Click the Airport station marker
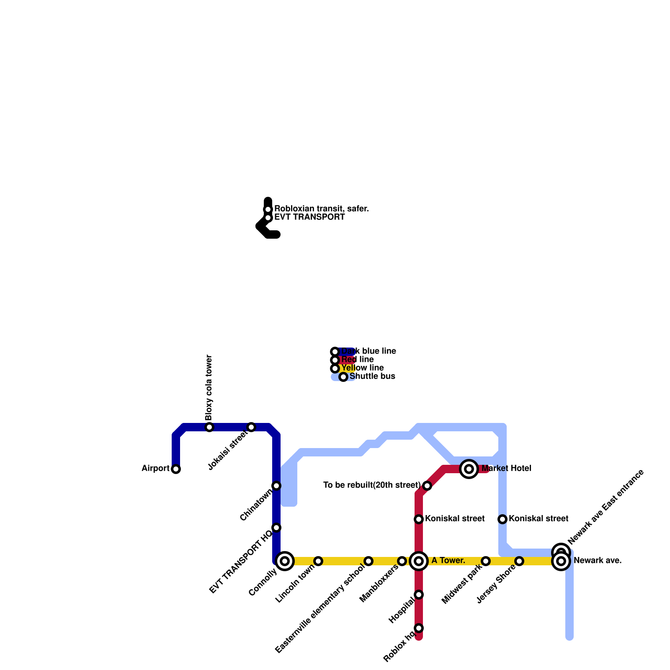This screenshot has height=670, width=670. pyautogui.click(x=176, y=469)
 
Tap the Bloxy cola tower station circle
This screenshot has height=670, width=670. pyautogui.click(x=209, y=427)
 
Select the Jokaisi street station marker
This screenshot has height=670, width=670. pyautogui.click(x=251, y=427)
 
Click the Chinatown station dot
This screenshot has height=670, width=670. pyautogui.click(x=276, y=486)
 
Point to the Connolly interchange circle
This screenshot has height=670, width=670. pyautogui.click(x=285, y=561)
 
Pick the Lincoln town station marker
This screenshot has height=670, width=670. pyautogui.click(x=318, y=561)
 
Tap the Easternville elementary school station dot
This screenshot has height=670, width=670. pyautogui.click(x=368, y=561)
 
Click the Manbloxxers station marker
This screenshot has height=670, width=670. pyautogui.click(x=402, y=561)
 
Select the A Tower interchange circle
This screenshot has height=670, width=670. pyautogui.click(x=419, y=561)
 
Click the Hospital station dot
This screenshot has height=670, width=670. pyautogui.click(x=419, y=595)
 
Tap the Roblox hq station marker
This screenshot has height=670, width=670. pyautogui.click(x=419, y=628)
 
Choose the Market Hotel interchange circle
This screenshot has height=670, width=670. pyautogui.click(x=469, y=469)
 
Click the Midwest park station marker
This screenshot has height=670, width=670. pyautogui.click(x=486, y=561)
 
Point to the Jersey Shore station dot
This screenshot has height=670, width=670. pyautogui.click(x=519, y=561)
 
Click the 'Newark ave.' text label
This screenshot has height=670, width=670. pyautogui.click(x=598, y=561)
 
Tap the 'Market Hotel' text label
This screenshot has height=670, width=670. pyautogui.click(x=506, y=469)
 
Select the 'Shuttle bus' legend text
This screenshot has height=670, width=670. pyautogui.click(x=372, y=376)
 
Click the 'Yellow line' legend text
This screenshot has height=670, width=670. pyautogui.click(x=363, y=368)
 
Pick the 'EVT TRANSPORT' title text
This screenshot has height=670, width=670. pyautogui.click(x=309, y=217)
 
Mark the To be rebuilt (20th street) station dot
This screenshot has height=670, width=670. pyautogui.click(x=427, y=486)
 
